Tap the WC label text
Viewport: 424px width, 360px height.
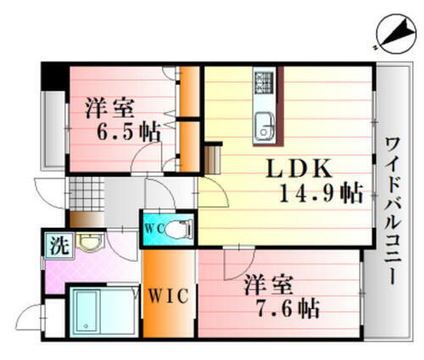153,228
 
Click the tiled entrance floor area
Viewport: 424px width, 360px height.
85,192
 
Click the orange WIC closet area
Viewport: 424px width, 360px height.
157,292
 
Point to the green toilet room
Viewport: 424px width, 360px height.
168,228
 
